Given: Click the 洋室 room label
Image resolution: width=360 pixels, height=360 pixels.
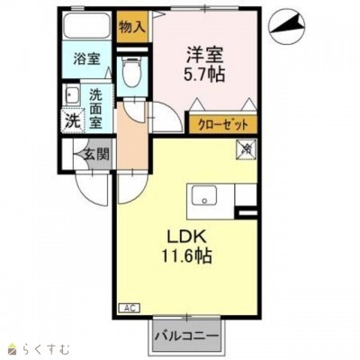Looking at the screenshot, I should [x=206, y=53].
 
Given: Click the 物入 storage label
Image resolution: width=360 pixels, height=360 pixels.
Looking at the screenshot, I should [x=132, y=26].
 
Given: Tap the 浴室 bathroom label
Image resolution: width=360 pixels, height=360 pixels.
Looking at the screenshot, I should [x=86, y=61].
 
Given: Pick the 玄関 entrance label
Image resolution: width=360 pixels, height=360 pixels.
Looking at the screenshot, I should [x=96, y=153].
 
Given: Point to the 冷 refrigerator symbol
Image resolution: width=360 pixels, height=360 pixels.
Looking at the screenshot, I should [x=245, y=150].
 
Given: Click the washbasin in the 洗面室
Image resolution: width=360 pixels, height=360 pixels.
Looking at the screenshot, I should [x=68, y=94].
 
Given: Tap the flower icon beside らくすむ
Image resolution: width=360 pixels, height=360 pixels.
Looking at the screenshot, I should [x=13, y=346].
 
